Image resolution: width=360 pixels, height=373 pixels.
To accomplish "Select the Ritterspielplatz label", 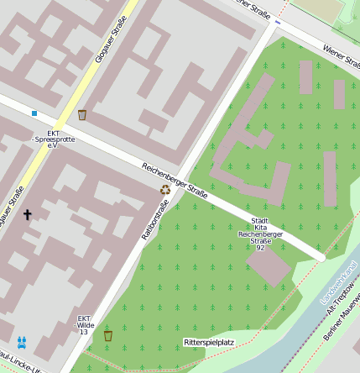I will tap(209, 343).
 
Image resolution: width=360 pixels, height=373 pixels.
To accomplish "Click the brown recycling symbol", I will tap(166, 190).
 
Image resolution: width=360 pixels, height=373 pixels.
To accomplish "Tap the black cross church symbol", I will tap(27, 215).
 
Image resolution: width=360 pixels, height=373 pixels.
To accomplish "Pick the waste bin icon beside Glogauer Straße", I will tap(82, 115).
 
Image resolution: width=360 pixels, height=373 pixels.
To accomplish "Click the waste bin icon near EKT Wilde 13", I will tap(107, 336).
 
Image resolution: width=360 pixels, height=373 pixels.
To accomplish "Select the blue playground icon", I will tap(21, 342).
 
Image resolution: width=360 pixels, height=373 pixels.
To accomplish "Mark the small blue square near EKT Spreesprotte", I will tap(34, 113).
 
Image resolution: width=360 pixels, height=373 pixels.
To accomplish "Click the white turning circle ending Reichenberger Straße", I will tap(321, 258).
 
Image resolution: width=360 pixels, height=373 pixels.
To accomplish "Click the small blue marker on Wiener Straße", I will tap(278, 23).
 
